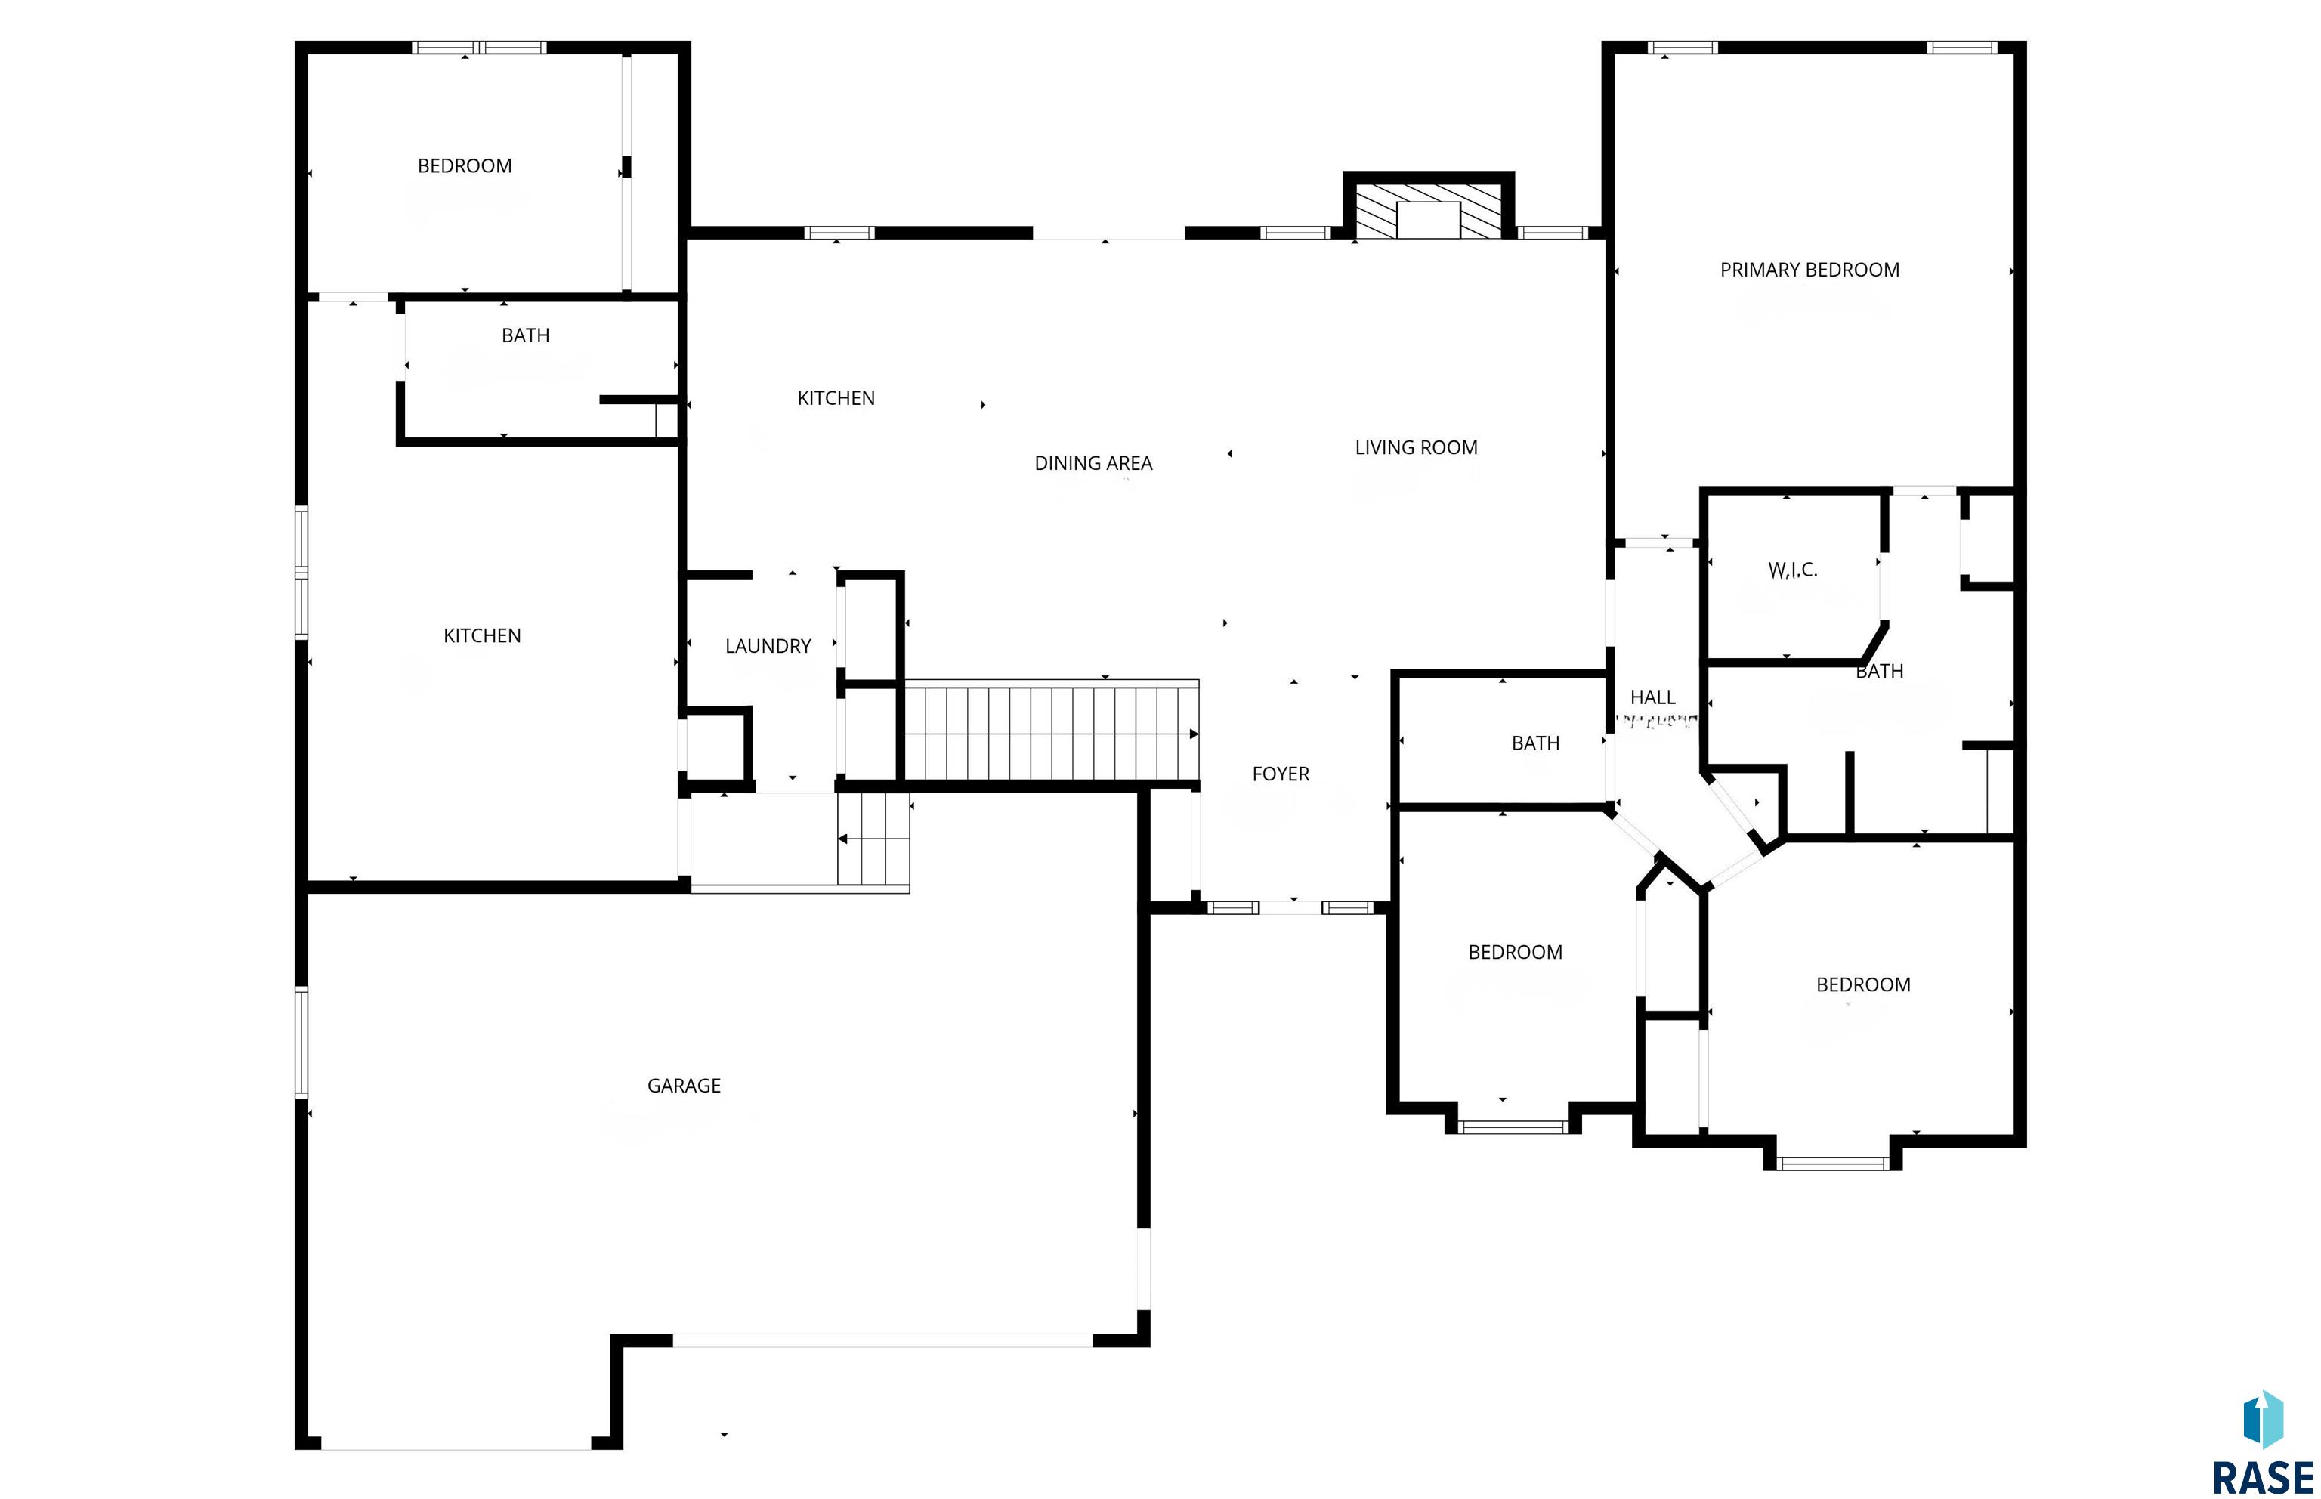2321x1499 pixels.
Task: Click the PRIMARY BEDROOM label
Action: click(x=1809, y=270)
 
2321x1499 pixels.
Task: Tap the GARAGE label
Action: click(x=684, y=1085)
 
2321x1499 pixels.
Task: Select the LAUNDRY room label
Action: click(x=768, y=646)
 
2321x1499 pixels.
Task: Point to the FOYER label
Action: click(x=1281, y=774)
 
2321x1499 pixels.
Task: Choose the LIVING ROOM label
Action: click(x=1416, y=448)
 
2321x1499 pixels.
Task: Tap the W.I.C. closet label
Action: click(x=1793, y=570)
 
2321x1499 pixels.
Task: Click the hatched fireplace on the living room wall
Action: click(x=1429, y=209)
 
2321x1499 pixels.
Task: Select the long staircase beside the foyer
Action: click(x=1052, y=733)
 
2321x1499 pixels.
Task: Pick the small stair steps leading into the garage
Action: click(x=873, y=839)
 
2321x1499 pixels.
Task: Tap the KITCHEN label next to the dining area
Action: click(x=836, y=398)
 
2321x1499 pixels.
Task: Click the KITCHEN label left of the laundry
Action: click(x=482, y=635)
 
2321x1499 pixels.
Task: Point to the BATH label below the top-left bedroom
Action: click(x=526, y=335)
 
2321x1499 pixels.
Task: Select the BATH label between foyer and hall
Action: click(x=1536, y=743)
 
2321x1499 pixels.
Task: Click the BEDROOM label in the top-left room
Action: click(x=464, y=166)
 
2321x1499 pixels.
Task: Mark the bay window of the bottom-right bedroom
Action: click(x=1832, y=1164)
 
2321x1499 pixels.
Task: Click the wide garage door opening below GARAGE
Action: click(x=882, y=1340)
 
